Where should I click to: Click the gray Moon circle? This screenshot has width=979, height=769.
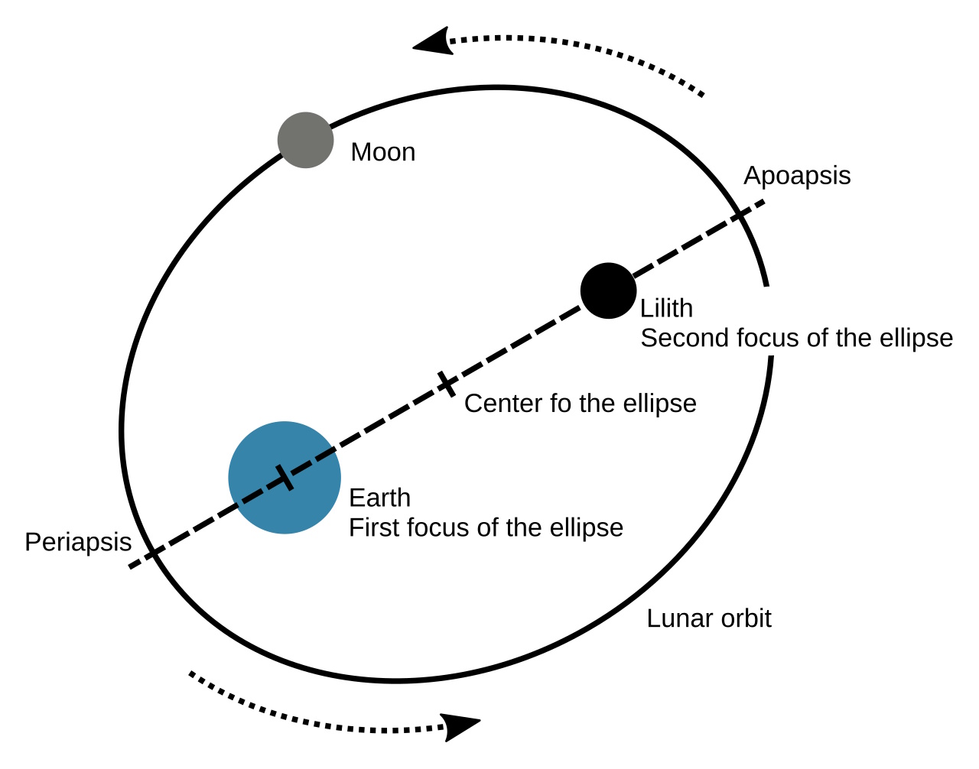tap(305, 140)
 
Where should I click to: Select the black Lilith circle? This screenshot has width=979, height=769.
tap(608, 290)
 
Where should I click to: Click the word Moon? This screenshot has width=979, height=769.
tap(382, 152)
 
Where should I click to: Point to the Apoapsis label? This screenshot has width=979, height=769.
tap(797, 176)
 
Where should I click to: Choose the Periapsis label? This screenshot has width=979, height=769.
tap(78, 542)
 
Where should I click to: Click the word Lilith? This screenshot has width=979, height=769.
tap(666, 308)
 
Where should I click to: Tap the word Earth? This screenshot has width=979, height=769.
tap(379, 498)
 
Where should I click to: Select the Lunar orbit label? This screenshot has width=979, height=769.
tap(708, 618)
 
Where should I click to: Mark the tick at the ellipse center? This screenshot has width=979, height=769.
tap(447, 384)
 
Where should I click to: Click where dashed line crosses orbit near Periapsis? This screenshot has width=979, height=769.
tap(153, 553)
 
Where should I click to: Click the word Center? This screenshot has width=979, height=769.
tap(503, 403)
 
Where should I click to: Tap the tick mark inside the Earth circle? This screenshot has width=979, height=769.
tap(285, 477)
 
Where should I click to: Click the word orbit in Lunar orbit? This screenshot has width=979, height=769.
tap(742, 618)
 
